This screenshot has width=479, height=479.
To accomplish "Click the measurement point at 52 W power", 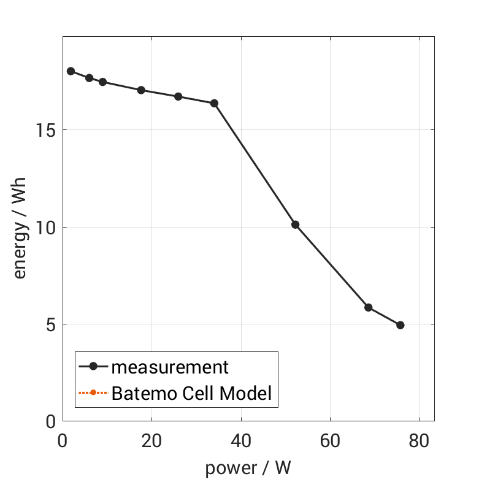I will [x=295, y=224].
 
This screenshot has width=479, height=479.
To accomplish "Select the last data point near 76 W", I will [x=400, y=325].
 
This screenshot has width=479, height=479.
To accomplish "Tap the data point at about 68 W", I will [x=368, y=307].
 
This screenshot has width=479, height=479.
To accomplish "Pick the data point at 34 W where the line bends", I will [x=214, y=103].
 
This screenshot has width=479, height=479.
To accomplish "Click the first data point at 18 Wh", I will [x=71, y=71].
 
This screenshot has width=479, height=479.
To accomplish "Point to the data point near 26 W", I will [x=178, y=96].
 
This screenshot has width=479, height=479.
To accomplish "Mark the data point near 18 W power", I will [x=141, y=90].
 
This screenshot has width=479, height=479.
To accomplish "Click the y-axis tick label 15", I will [x=46, y=131].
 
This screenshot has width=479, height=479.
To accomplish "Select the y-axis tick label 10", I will [x=46, y=228].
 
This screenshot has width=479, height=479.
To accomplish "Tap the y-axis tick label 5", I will [x=50, y=324].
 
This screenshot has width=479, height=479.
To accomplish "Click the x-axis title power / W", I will [x=248, y=468].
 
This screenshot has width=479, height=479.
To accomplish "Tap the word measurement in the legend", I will [x=170, y=367].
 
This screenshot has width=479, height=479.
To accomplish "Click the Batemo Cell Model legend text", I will [x=191, y=393].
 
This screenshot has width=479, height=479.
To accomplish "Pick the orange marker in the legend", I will [x=93, y=393].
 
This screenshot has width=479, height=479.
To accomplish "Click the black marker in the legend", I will [x=93, y=367].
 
